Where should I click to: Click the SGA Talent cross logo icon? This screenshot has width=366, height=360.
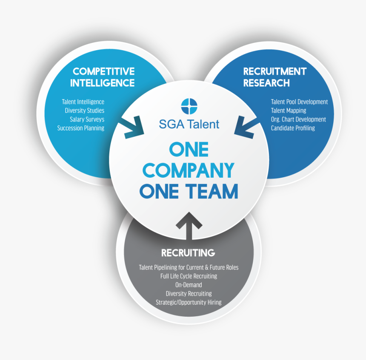tap(189, 105)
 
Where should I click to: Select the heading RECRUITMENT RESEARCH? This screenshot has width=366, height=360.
tap(274, 77)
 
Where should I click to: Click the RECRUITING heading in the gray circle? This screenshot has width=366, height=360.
tap(188, 253)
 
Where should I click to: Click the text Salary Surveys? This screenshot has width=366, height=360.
tap(87, 119)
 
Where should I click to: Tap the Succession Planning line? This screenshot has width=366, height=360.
tap(80, 128)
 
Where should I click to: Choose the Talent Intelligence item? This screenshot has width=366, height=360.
tap(83, 102)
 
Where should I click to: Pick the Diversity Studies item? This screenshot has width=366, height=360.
tap(84, 111)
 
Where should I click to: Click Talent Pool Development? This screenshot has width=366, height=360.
tap(299, 102)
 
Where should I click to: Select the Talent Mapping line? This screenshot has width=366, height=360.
tap(288, 111)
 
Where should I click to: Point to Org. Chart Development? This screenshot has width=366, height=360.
tap(298, 119)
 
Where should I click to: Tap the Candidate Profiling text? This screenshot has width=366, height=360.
tap(293, 128)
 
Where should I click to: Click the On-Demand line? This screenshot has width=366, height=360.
tap(189, 285)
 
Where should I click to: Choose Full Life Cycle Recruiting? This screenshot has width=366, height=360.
tap(189, 276)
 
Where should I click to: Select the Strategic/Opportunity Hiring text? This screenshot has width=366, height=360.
tap(189, 302)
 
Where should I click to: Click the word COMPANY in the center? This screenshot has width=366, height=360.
tap(188, 170)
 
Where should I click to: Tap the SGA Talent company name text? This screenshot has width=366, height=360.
tap(189, 124)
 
